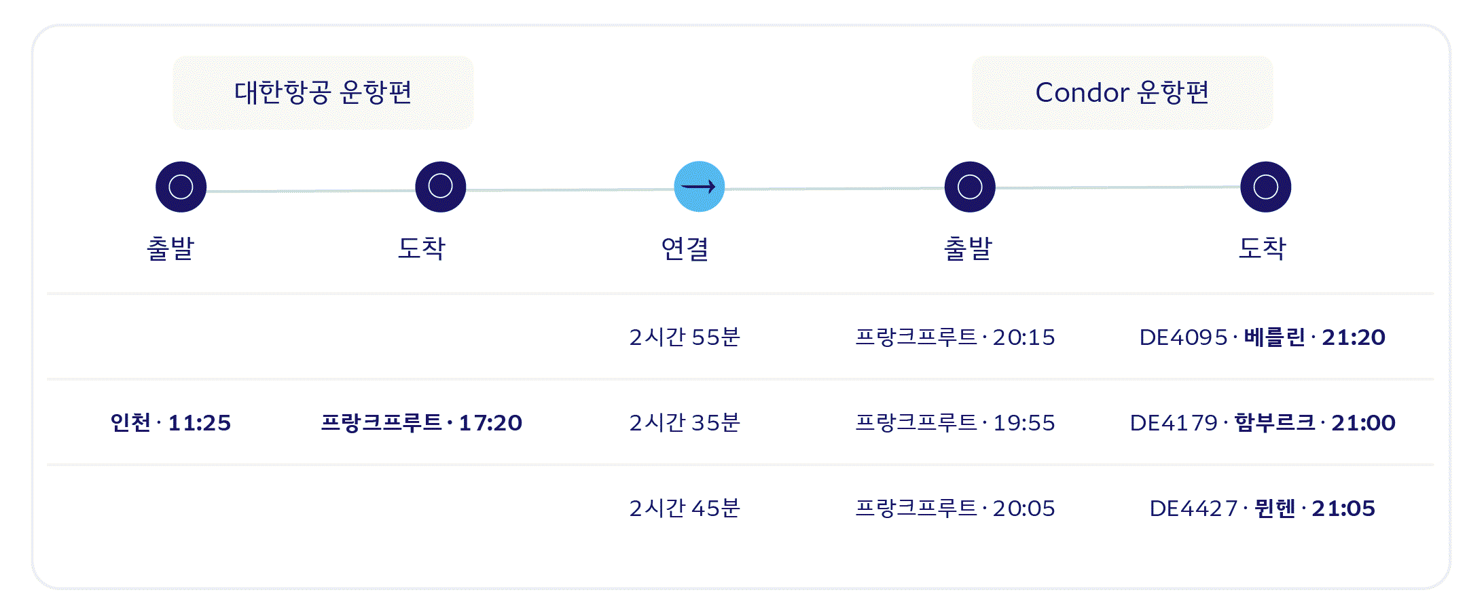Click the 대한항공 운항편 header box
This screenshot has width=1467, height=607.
[323, 93]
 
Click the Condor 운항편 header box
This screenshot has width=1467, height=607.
[1122, 93]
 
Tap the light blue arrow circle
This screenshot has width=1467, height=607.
[699, 187]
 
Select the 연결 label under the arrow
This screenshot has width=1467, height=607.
[685, 249]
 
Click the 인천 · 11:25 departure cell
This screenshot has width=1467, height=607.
[170, 423]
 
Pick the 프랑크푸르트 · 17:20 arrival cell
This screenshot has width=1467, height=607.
[421, 423]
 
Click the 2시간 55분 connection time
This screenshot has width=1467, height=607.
[685, 337]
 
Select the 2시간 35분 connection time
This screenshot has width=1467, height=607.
[685, 423]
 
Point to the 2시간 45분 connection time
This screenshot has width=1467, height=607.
[685, 509]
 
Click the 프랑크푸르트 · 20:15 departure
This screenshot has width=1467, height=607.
[955, 337]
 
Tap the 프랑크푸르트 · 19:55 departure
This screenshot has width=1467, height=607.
[955, 423]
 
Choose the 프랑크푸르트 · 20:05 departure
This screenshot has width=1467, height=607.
[955, 509]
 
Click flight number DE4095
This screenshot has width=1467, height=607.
[1183, 337]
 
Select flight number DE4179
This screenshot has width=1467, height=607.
[1174, 423]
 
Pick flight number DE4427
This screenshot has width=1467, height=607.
[1193, 509]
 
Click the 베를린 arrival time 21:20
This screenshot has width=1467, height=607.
[1353, 337]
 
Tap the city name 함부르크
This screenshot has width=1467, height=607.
[1274, 423]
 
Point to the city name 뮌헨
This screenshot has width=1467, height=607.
[1274, 509]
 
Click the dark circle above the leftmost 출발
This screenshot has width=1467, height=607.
[181, 187]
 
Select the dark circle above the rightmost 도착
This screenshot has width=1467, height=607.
[1265, 187]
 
